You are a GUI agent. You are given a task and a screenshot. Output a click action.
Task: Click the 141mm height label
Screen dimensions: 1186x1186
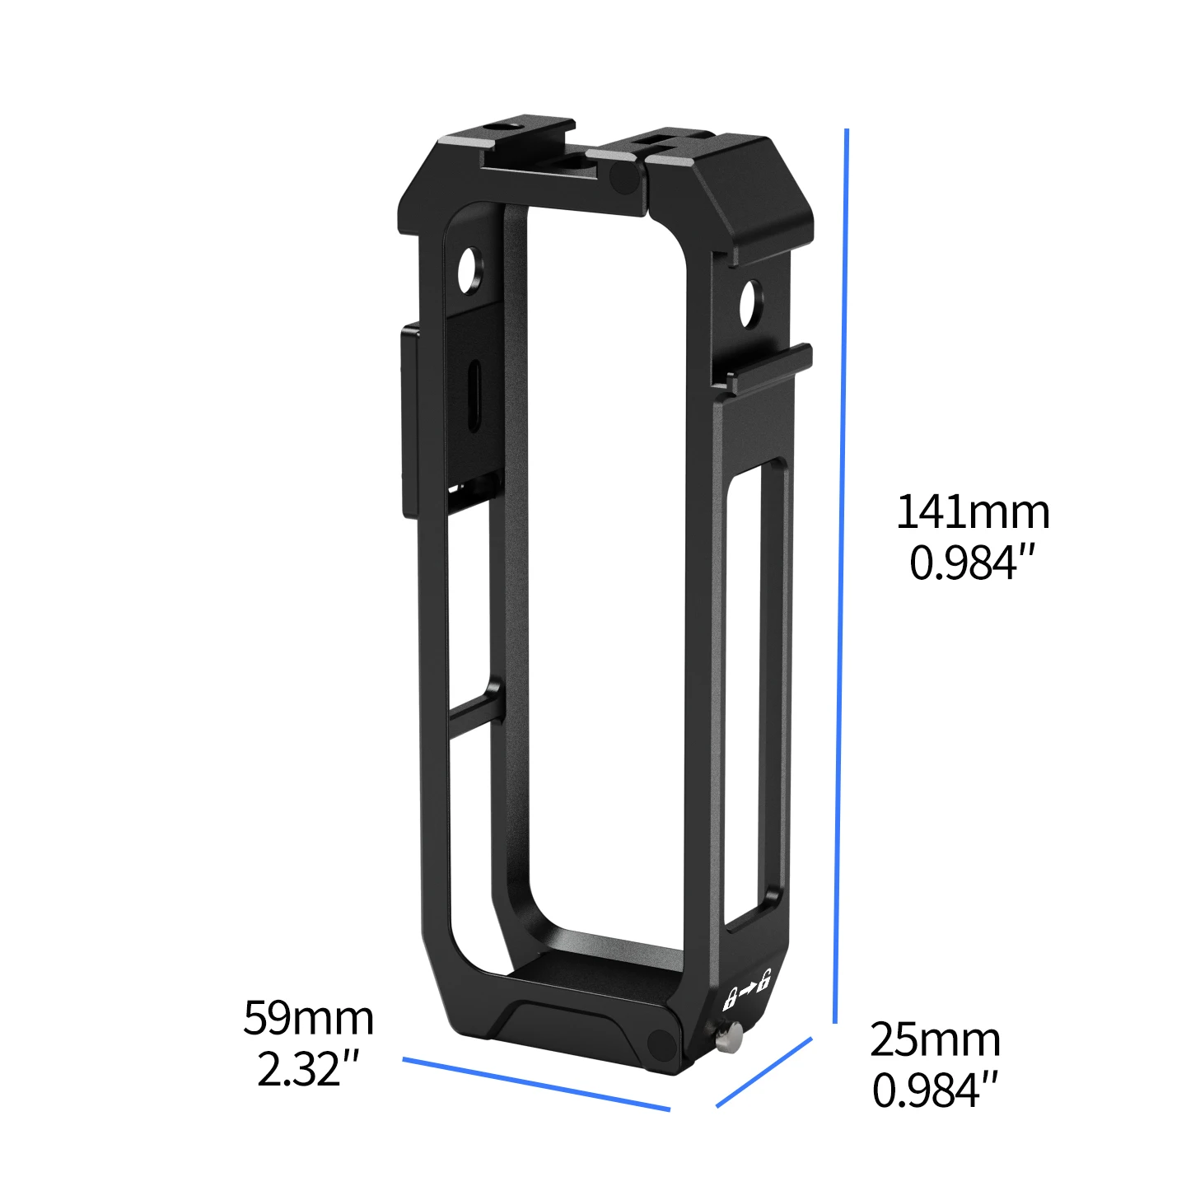973,512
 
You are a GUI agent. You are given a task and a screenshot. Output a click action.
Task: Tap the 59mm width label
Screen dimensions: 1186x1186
308,1018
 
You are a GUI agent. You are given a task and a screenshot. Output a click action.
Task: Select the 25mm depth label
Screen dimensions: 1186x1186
935,1039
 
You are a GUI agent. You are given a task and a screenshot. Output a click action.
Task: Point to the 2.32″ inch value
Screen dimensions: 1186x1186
308,1069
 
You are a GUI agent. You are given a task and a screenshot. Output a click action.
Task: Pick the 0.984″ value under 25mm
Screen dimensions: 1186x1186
935,1090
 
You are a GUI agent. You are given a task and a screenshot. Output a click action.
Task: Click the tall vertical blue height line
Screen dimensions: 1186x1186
841,577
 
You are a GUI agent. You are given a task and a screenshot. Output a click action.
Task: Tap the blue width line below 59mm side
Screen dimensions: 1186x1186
535,1084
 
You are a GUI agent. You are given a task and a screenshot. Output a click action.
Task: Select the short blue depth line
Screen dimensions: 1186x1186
763,1072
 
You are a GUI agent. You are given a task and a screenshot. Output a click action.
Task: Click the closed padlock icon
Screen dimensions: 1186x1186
729,1000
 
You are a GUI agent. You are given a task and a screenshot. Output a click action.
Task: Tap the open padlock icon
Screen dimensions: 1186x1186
764,980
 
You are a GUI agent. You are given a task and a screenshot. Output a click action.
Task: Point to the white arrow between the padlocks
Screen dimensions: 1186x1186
747,990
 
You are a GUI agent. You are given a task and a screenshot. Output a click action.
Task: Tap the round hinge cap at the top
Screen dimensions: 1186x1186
624,175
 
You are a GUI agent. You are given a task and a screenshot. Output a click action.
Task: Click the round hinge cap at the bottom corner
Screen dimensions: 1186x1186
661,1046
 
